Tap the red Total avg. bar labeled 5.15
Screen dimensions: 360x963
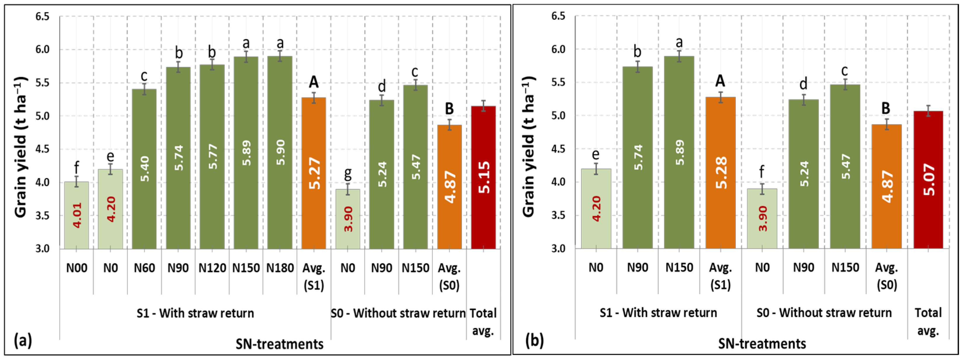(x=483, y=177)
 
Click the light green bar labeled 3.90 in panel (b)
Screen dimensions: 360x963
(x=762, y=218)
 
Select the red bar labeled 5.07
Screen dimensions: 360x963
(x=928, y=180)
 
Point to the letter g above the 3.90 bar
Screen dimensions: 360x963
(x=348, y=173)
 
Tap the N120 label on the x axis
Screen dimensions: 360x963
(x=212, y=268)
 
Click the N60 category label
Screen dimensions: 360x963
(x=144, y=268)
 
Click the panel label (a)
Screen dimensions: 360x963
(x=23, y=340)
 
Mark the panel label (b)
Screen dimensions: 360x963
(x=535, y=340)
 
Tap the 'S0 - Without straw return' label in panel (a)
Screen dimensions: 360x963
(x=398, y=313)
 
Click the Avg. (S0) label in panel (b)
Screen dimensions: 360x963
(x=886, y=276)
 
